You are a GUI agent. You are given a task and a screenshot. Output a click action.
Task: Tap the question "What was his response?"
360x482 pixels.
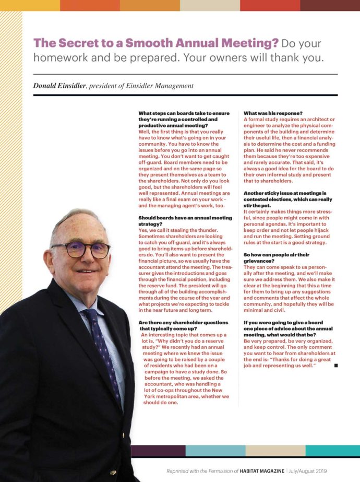[x=273, y=113]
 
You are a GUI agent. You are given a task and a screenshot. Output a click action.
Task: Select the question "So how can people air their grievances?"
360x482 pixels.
[x=277, y=257]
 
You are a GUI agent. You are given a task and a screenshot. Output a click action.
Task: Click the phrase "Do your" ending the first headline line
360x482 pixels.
[x=302, y=43]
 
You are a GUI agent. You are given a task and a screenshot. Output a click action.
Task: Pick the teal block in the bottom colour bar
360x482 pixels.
[x=332, y=450]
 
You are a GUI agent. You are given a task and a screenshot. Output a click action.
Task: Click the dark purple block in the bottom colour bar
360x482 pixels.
[x=158, y=450]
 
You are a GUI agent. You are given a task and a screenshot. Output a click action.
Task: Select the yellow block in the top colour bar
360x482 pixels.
[x=30, y=5]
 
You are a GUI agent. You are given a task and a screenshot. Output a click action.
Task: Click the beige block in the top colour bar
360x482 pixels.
[x=210, y=5]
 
